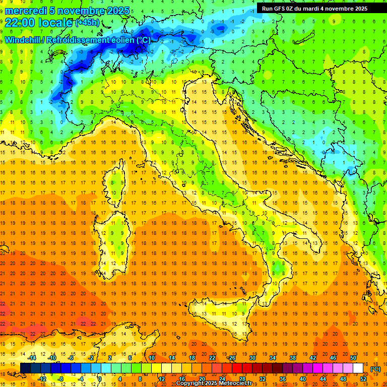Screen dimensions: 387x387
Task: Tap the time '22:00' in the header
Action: pyautogui.click(x=19, y=23)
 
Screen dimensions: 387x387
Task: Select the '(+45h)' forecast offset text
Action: pyautogui.click(x=87, y=23)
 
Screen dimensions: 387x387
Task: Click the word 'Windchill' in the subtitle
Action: pyautogui.click(x=24, y=40)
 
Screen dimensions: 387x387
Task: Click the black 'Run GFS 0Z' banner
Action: pyautogui.click(x=314, y=9)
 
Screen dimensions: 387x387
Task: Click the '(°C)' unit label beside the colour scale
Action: pyautogui.click(x=375, y=369)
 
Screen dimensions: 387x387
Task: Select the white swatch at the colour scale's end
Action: pyautogui.click(x=358, y=368)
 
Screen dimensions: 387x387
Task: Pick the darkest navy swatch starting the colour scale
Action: pyautogui.click(x=25, y=368)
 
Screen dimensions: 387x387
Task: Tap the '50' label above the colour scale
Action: pyautogui.click(x=353, y=358)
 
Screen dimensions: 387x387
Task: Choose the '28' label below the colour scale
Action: pyautogui.click(x=242, y=379)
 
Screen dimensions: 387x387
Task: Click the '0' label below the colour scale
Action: pyautogui.click(x=101, y=379)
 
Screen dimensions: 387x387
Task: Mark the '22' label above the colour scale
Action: pyautogui.click(x=212, y=358)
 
